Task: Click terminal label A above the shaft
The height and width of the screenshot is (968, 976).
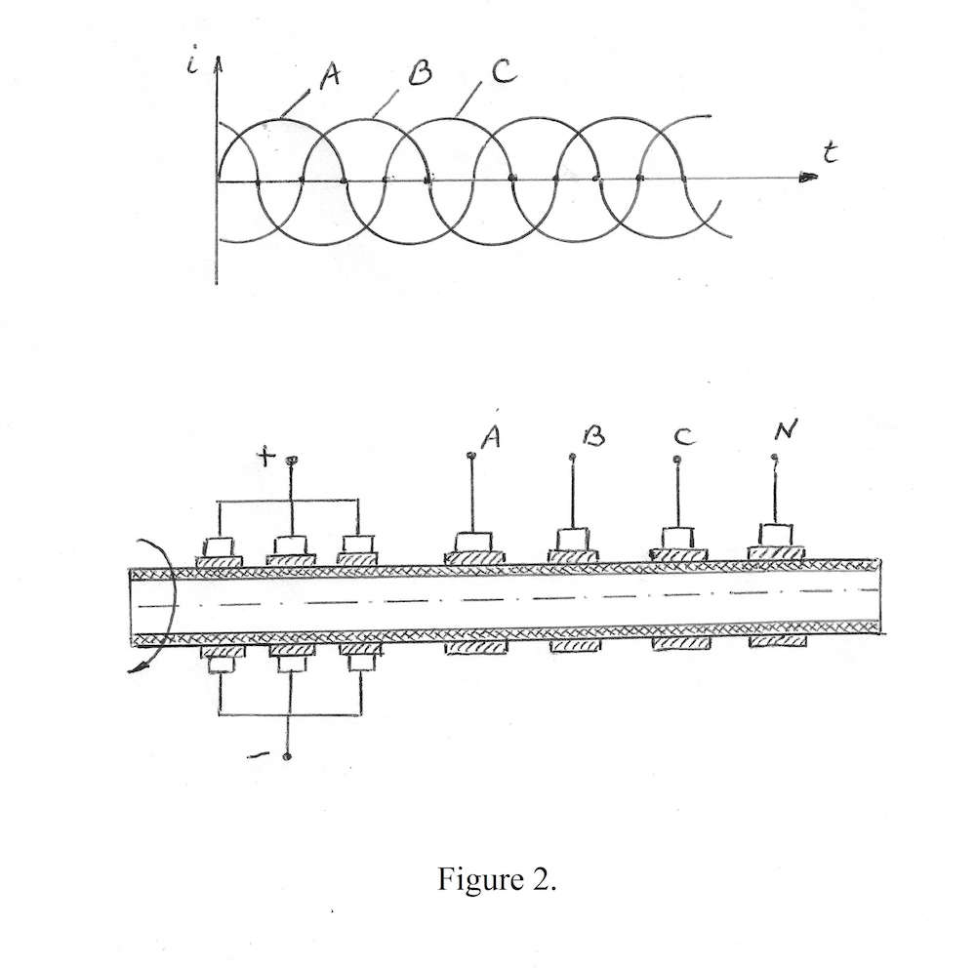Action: point(492,439)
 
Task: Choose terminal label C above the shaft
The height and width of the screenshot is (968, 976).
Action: point(684,438)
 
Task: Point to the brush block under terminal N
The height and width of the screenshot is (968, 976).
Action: point(776,535)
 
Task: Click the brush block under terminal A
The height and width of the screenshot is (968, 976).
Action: point(475,542)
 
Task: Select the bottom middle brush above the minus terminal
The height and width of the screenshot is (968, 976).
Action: point(291,664)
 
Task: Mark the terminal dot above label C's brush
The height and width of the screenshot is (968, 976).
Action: point(678,459)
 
